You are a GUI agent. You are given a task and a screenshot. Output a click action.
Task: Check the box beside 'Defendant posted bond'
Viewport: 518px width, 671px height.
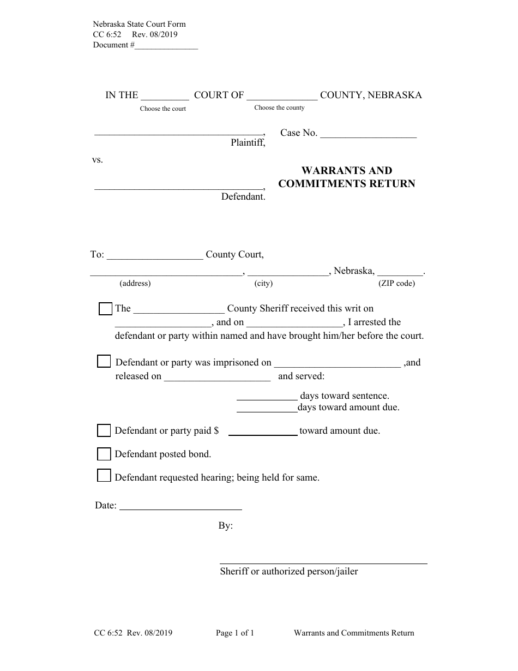point(104,454)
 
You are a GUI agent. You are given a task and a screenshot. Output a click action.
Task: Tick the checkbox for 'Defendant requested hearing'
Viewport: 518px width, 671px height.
point(104,476)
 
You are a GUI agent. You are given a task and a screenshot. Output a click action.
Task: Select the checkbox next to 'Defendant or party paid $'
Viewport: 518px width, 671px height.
point(104,431)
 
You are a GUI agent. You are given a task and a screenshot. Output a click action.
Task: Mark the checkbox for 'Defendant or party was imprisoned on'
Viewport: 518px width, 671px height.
point(104,362)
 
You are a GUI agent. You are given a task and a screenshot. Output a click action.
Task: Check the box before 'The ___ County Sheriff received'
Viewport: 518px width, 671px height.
point(105,309)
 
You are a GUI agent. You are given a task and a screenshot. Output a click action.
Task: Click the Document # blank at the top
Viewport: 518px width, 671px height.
point(166,46)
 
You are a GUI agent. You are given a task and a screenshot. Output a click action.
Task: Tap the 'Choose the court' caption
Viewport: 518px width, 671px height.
point(162,109)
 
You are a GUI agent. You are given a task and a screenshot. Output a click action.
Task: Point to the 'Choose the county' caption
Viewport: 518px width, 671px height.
point(279,107)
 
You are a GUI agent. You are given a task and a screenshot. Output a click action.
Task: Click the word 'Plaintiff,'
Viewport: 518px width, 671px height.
point(248,143)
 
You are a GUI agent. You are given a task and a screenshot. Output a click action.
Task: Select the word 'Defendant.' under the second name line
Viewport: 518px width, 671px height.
point(243,197)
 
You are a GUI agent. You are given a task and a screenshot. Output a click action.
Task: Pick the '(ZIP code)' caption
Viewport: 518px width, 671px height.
point(396,283)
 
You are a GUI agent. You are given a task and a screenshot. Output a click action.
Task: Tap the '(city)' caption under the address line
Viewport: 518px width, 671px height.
point(263,283)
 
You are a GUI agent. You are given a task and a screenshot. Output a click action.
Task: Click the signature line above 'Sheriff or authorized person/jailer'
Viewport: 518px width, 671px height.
point(323,562)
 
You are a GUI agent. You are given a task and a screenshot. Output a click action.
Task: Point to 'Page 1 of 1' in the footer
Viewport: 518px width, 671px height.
point(235,633)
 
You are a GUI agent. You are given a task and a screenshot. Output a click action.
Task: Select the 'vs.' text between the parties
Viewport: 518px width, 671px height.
point(97,160)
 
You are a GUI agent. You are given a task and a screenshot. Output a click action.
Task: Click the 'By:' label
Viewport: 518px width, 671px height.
point(226,526)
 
